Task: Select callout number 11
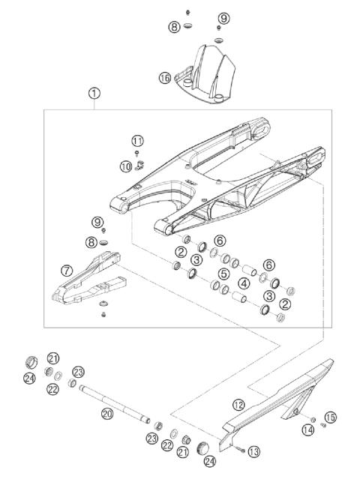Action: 136,140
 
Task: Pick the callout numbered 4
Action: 244,284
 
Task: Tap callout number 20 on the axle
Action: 107,412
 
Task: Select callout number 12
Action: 238,404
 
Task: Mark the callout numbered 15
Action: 330,417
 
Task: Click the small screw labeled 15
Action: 322,426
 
